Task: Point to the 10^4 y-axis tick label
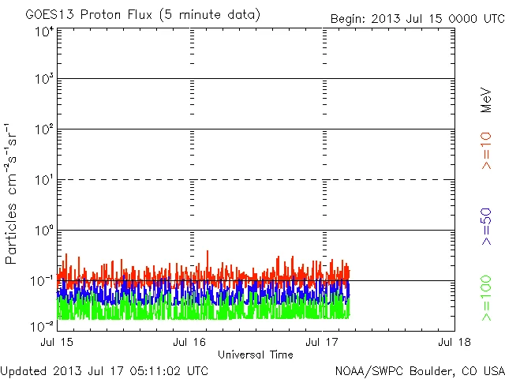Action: [x=45, y=32]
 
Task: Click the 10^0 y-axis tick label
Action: [x=45, y=231]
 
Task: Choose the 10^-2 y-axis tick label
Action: [x=43, y=325]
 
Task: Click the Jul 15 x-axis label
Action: [x=57, y=343]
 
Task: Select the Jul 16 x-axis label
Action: [x=189, y=343]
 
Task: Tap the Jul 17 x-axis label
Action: [x=322, y=343]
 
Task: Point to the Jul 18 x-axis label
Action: [x=454, y=343]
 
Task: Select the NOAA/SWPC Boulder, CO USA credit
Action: [x=417, y=370]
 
